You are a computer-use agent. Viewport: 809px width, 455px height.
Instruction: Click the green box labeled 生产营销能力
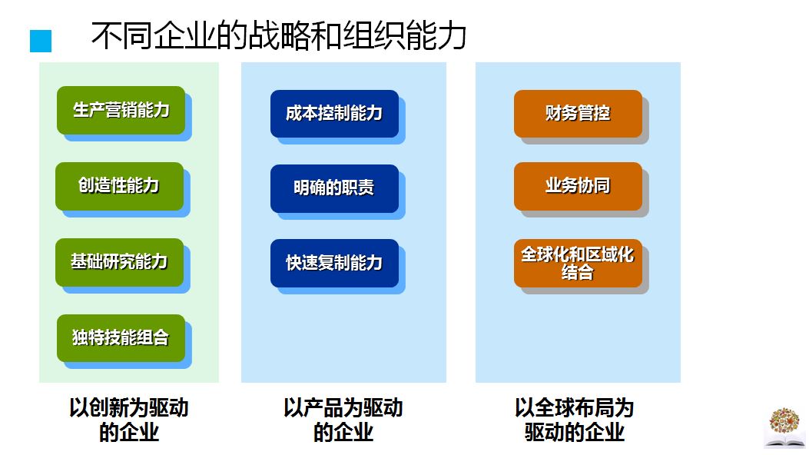click(121, 110)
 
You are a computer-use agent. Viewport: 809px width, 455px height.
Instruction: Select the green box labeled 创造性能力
click(119, 186)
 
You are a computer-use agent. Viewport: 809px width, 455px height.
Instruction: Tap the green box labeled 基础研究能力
click(119, 262)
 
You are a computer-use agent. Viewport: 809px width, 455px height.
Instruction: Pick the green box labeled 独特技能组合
click(121, 337)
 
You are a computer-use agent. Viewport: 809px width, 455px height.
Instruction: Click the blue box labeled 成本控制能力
click(334, 114)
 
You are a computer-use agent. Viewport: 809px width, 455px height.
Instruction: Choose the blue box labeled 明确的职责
click(334, 188)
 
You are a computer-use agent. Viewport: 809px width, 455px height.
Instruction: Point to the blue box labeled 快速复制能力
click(334, 263)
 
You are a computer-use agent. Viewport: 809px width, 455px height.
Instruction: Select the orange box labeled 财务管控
click(578, 114)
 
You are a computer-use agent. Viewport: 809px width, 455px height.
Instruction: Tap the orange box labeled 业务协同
click(578, 186)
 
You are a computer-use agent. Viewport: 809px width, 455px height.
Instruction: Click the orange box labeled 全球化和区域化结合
click(578, 263)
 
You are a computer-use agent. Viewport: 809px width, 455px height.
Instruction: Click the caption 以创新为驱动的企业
click(128, 420)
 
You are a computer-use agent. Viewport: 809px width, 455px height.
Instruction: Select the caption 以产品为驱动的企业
click(343, 420)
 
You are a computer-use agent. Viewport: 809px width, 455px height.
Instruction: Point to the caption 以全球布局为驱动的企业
click(575, 420)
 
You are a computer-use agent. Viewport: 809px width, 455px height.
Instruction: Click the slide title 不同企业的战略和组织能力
click(279, 36)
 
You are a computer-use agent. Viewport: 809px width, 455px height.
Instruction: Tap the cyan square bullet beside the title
click(41, 42)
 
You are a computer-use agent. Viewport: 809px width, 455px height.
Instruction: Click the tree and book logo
click(784, 427)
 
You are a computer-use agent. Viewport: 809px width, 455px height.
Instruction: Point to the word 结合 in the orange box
click(578, 273)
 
